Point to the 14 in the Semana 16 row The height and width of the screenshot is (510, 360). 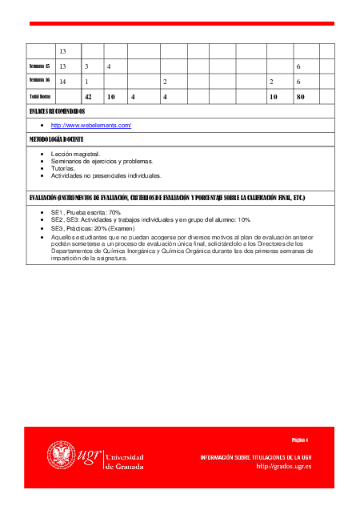[62, 82]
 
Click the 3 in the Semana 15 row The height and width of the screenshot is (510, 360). [86, 66]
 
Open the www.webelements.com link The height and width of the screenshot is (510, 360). [90, 126]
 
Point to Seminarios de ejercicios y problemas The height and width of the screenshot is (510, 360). [102, 161]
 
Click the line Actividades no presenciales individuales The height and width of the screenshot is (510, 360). [106, 175]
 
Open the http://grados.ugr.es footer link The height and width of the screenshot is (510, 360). [283, 466]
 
